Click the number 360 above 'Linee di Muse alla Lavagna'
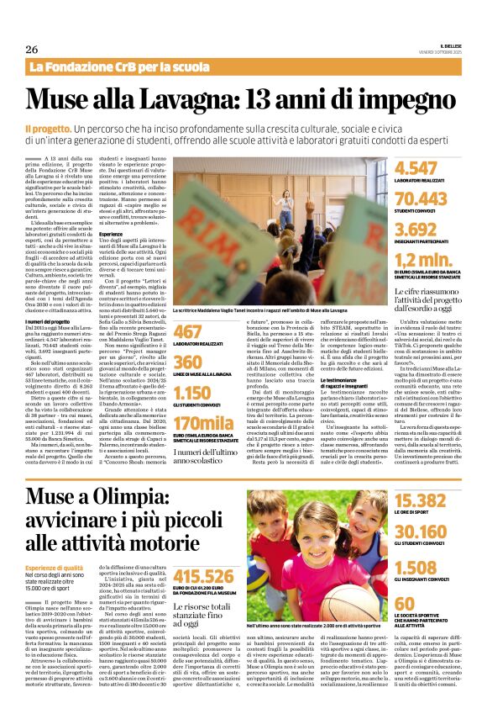(x=194, y=362)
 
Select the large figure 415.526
(x=206, y=575)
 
